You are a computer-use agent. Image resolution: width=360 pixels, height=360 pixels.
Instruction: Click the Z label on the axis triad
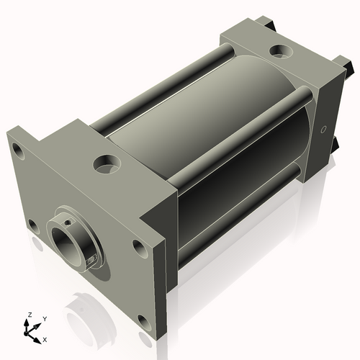coord(30,315)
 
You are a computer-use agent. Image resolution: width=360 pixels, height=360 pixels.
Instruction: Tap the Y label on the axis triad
coord(44,318)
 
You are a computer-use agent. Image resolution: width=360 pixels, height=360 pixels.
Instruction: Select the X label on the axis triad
coord(45,338)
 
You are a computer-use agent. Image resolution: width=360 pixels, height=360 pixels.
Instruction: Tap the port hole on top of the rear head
coord(278,51)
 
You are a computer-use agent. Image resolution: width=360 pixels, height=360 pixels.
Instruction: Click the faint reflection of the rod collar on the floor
coord(90,317)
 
